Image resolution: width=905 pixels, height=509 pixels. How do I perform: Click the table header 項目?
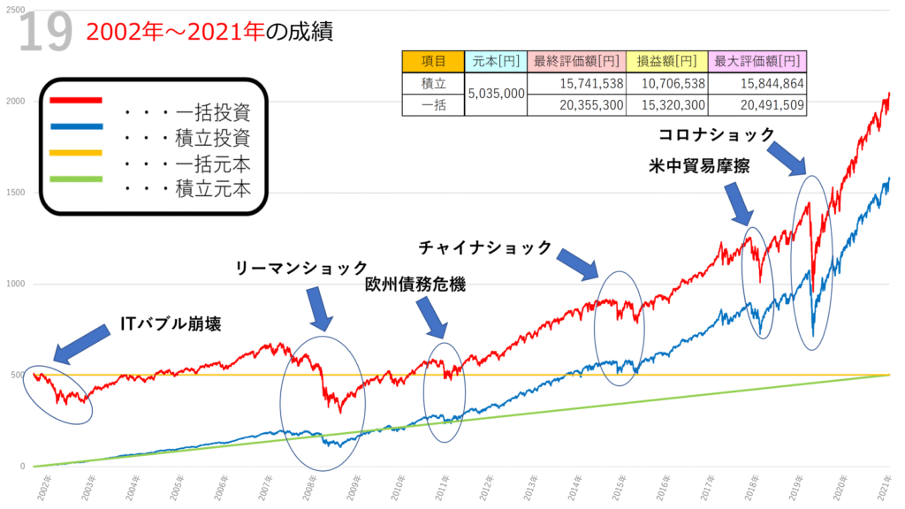point(433,62)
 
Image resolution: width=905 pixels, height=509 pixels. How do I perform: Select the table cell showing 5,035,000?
point(495,94)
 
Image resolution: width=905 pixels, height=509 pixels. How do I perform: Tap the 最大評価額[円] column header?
point(758,62)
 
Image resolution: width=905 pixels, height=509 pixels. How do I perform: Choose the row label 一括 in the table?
point(433,104)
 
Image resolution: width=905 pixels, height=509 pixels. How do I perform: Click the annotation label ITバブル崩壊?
point(170,325)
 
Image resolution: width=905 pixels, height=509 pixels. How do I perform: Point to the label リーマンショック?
point(300,267)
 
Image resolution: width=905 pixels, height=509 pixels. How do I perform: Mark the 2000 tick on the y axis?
point(14,101)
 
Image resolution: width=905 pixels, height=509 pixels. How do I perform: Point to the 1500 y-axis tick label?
point(14,193)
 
